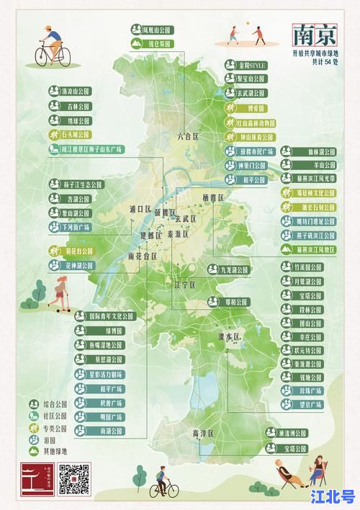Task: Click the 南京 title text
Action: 315,35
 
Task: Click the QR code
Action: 73,480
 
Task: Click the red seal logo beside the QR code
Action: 37,480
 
